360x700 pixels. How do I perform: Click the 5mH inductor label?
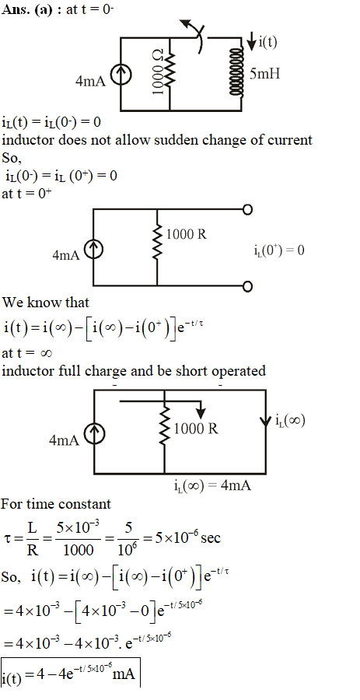265,74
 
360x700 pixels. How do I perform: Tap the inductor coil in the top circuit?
236,72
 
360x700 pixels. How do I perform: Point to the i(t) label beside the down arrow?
267,42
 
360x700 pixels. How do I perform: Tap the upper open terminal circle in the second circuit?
247,209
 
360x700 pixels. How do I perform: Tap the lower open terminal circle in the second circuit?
247,285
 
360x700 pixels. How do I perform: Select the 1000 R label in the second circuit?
187,234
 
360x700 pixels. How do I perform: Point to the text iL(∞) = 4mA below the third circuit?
212,485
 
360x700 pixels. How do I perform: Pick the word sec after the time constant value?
211,538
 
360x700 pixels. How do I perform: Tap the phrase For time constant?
56,505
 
